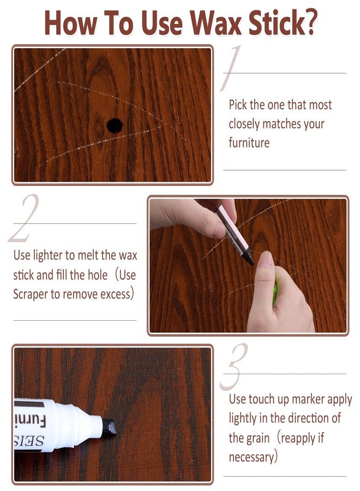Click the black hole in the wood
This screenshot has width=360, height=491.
tap(114, 125)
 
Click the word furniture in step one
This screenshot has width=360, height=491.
tap(249, 143)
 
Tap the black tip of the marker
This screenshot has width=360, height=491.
tap(110, 427)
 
